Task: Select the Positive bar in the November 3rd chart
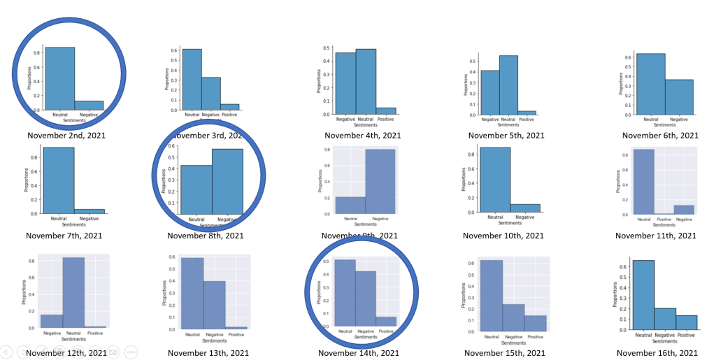[x=230, y=107]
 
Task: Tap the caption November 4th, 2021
[x=362, y=136]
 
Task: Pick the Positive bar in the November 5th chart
[x=528, y=113]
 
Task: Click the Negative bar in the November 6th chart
[x=679, y=96]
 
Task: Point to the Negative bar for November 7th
[x=89, y=211]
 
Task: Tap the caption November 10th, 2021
[x=505, y=236]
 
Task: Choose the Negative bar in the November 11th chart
[x=683, y=210]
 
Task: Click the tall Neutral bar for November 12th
[x=73, y=292]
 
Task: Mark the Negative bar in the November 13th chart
[x=215, y=304]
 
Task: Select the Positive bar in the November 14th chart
[x=386, y=322]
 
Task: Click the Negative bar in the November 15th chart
[x=513, y=317]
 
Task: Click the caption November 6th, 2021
[x=660, y=136]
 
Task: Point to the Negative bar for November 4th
[x=345, y=83]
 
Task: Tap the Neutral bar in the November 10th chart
[x=495, y=180]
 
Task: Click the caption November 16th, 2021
[x=659, y=353]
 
